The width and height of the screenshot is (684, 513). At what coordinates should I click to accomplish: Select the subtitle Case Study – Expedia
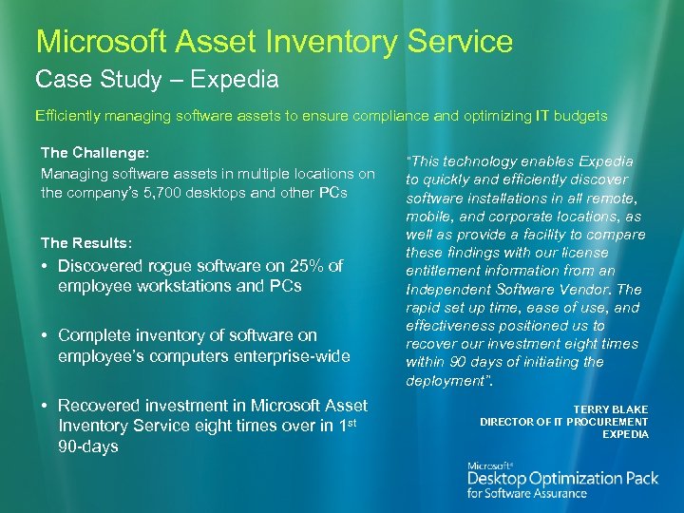(157, 79)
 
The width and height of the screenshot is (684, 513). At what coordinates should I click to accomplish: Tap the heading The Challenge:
(96, 152)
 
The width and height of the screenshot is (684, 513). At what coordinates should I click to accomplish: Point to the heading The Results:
(85, 242)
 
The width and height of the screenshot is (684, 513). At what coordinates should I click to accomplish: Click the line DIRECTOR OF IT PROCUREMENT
(564, 421)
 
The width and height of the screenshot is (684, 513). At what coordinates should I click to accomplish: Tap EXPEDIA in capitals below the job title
(625, 434)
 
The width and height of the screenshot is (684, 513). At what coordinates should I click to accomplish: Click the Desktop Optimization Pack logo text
(562, 478)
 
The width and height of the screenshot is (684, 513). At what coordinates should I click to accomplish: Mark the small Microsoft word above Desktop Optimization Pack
(490, 465)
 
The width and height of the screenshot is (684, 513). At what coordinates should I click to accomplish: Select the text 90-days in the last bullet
(88, 446)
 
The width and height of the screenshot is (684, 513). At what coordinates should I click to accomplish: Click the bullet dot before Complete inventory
(46, 335)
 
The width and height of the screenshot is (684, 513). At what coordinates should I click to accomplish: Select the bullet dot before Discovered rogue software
(46, 266)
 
